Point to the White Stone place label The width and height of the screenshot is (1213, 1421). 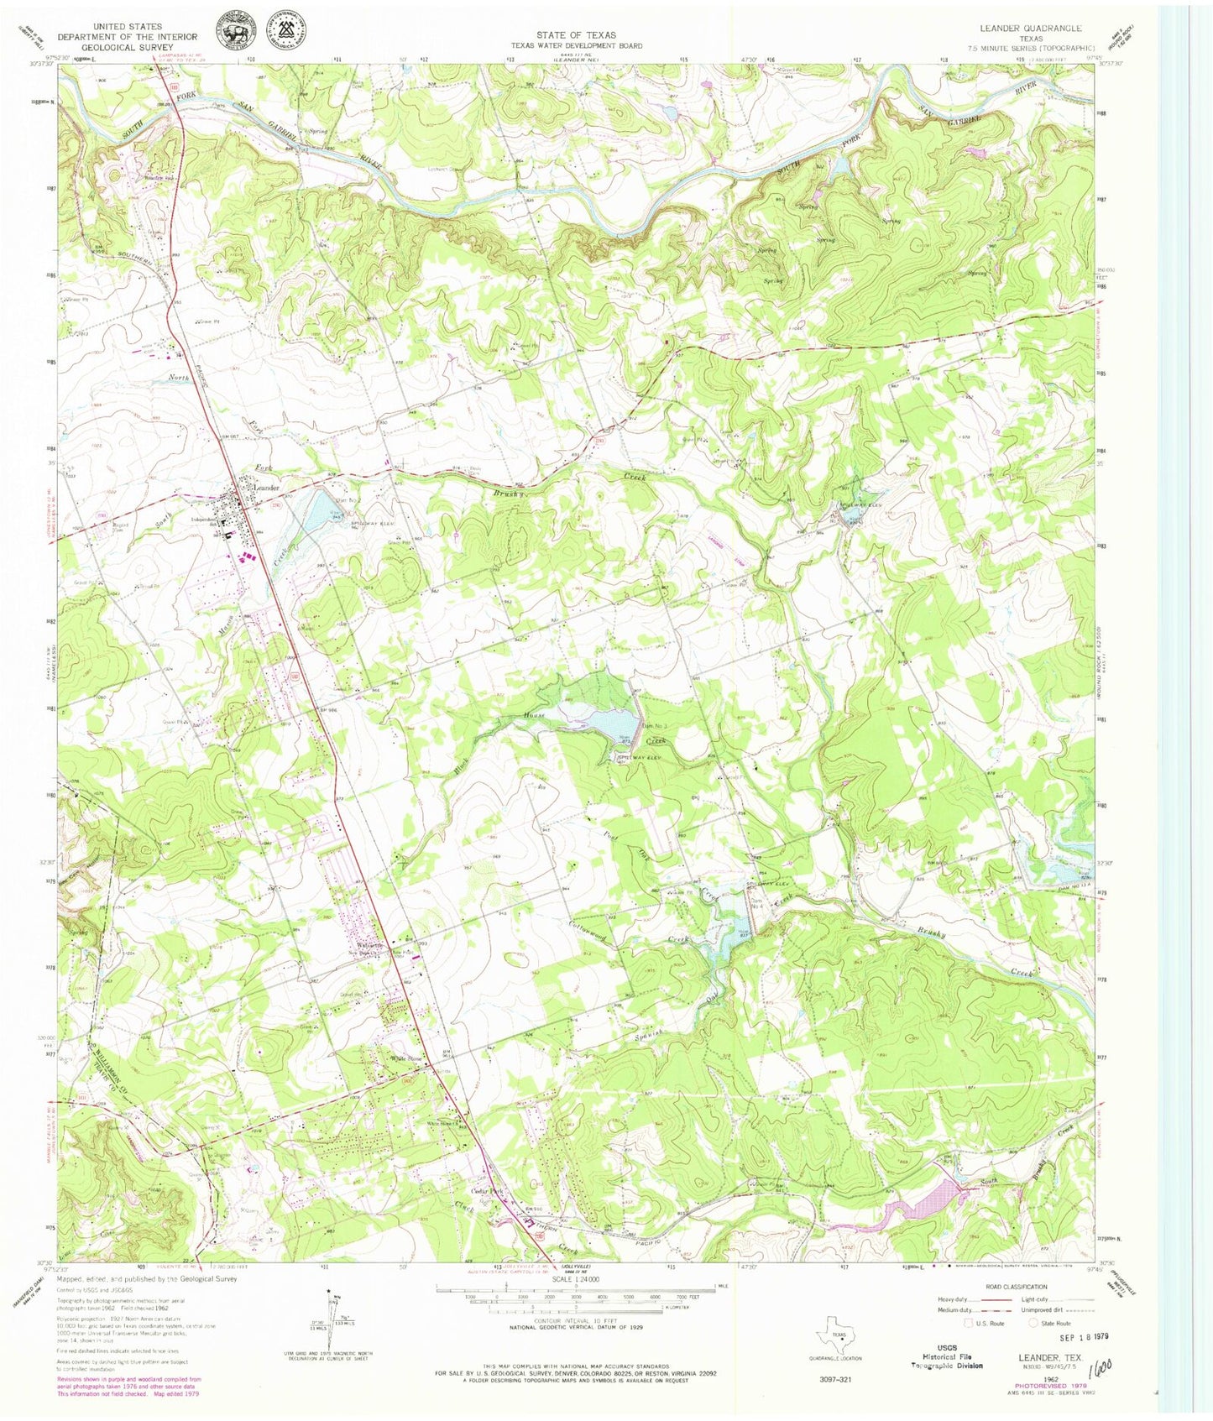[x=403, y=1059]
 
